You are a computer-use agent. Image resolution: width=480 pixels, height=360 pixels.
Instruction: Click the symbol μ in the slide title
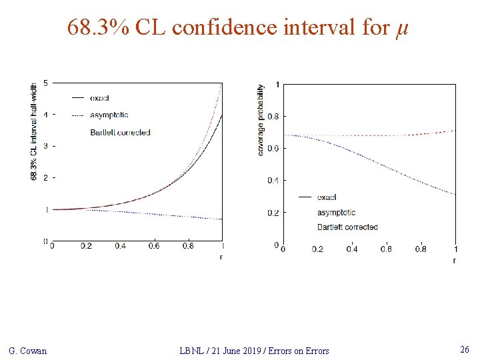coord(401,29)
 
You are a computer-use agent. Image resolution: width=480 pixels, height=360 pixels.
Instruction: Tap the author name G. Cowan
coord(27,351)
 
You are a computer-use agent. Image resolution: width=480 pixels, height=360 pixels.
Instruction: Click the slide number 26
coord(465,350)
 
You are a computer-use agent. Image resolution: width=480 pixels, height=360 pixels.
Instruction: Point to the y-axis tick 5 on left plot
coord(45,83)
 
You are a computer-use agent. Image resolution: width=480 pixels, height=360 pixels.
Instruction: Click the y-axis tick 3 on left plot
coord(45,146)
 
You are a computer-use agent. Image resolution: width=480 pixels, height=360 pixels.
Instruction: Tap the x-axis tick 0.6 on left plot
coord(154,246)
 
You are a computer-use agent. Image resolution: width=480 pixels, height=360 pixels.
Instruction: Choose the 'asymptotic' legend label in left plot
coord(109,115)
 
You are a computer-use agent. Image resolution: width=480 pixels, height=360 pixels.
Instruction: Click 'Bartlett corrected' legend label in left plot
coord(120,133)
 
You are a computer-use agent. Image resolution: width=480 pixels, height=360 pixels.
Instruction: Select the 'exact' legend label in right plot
coord(327,197)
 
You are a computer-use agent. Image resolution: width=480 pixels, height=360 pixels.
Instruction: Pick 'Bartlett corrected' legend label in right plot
coord(347,227)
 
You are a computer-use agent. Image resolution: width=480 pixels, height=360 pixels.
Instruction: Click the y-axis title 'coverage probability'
coord(261,120)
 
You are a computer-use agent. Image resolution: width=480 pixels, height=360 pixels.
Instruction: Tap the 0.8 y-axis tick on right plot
coord(273,117)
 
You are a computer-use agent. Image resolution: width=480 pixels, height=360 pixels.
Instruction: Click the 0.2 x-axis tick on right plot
coord(317,249)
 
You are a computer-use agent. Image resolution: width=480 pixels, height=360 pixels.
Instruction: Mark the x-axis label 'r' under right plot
coord(455,260)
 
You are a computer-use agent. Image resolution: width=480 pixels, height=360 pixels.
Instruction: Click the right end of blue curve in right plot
coord(455,195)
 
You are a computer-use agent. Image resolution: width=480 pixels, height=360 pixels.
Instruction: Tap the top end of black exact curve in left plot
coord(221,115)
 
